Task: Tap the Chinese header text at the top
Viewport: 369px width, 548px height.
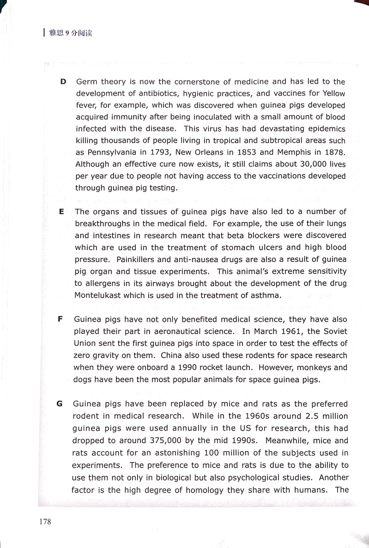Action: coord(70,33)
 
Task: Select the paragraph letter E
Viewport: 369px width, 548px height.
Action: coord(61,212)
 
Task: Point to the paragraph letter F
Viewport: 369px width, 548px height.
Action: coord(60,319)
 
